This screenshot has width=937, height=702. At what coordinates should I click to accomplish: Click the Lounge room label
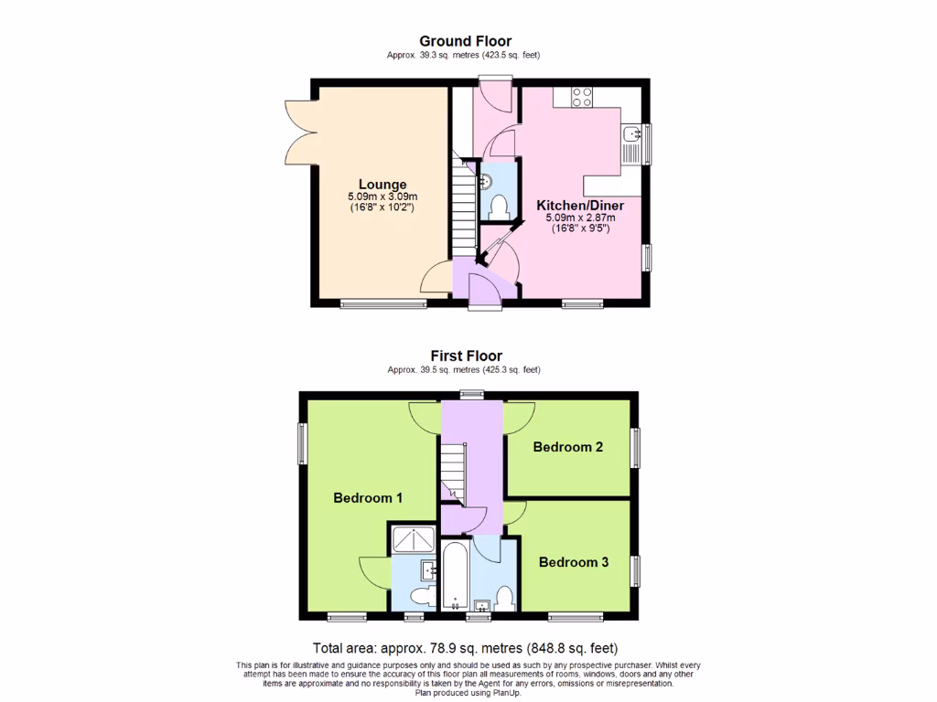pos(382,185)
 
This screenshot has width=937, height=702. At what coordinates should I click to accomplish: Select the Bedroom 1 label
pos(368,498)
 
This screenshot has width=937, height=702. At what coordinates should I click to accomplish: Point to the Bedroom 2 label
pos(568,447)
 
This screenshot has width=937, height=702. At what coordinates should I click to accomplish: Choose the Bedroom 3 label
pos(574,562)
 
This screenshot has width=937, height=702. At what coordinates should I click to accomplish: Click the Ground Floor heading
pos(465,41)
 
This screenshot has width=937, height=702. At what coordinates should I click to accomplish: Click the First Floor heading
pos(466,356)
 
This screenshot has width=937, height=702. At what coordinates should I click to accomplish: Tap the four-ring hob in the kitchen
pos(582,96)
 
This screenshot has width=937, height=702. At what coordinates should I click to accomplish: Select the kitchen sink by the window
pos(631,137)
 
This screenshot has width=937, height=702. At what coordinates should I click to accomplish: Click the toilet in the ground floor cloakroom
pos(499,206)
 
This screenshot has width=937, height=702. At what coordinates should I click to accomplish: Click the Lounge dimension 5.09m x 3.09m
pos(382,197)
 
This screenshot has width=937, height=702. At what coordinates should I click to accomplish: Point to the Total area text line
pos(471,648)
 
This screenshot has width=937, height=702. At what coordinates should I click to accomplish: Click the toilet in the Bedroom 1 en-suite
pos(423,598)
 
